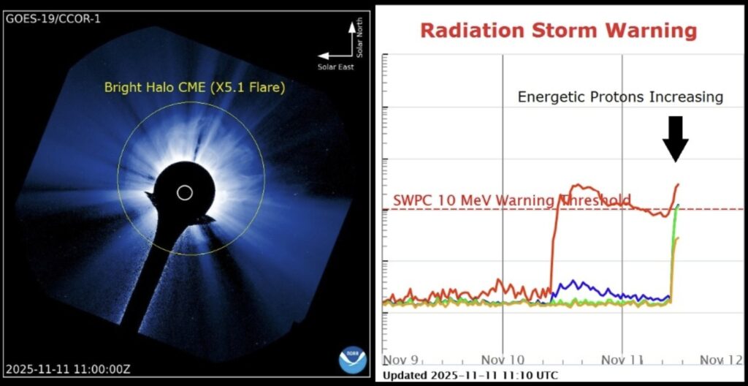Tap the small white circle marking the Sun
185,192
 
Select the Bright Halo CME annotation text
194,88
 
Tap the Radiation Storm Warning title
558,31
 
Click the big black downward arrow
676,138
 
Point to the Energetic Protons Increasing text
620,97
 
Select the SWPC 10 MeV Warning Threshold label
511,200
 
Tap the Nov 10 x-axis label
503,359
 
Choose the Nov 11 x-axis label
622,359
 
